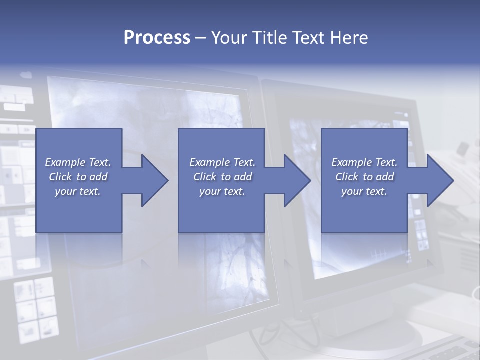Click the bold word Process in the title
coord(157,38)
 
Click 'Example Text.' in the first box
coord(78,162)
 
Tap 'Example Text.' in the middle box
coord(222,162)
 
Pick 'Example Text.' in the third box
coord(364,162)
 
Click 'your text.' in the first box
coord(78,191)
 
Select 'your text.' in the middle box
coord(222,191)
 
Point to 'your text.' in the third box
coord(364,191)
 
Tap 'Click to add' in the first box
coord(78,177)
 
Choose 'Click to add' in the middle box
coord(222,177)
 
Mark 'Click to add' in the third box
coord(364,177)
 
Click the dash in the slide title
coord(200,38)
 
